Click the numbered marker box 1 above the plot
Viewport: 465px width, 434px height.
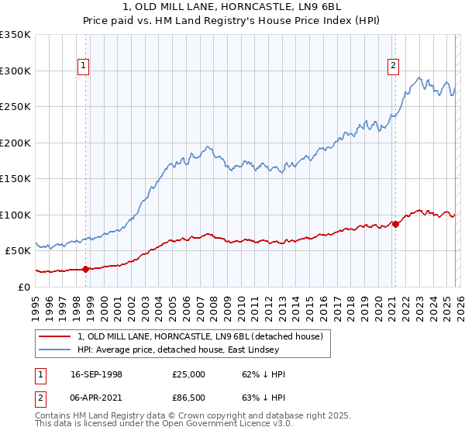[x=84, y=66]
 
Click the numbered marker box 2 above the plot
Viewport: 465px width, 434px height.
[x=394, y=66]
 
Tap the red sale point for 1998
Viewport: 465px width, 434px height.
[x=85, y=269]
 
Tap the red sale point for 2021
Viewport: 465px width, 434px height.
[x=395, y=224]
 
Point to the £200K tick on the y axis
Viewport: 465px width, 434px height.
[x=15, y=143]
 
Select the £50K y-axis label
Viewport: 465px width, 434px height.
[x=18, y=251]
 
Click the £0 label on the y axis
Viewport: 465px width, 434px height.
[x=24, y=287]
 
